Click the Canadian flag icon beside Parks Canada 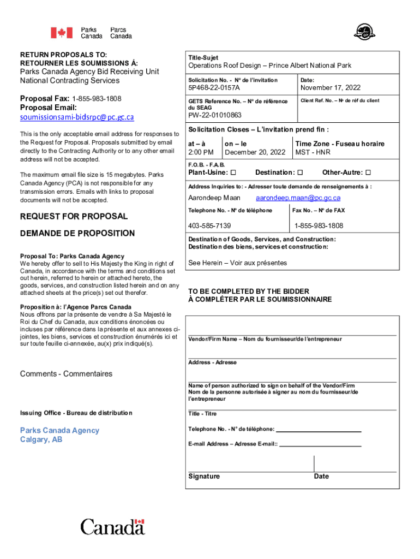click(62, 33)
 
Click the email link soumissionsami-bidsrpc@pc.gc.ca click(77, 117)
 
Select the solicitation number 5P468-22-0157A click(214, 88)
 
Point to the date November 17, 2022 click(331, 88)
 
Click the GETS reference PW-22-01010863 click(214, 116)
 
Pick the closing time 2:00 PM click(201, 152)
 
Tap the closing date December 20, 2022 click(255, 152)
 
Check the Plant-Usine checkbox click(233, 173)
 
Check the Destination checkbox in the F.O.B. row click(299, 173)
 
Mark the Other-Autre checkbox click(368, 173)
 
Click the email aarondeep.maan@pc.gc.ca click(298, 198)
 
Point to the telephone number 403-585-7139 click(209, 226)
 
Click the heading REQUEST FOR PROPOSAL click(74, 216)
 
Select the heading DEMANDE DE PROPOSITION click(77, 234)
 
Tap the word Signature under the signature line click(204, 477)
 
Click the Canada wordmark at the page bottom click(113, 527)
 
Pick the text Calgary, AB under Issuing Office click(41, 439)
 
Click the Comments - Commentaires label click(66, 374)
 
